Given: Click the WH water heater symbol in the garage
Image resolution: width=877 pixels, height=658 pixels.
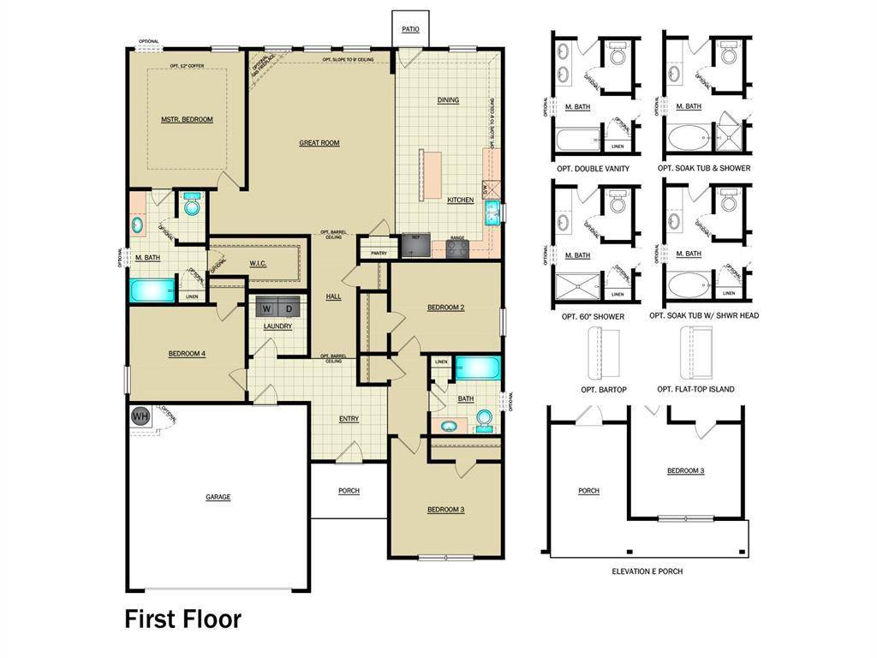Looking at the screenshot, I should point(140,416).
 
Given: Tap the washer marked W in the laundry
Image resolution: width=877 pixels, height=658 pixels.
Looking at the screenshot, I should point(267,308).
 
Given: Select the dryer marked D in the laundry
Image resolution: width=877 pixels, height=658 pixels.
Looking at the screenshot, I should point(289,308).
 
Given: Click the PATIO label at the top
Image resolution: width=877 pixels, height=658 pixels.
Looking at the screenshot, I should point(411,29).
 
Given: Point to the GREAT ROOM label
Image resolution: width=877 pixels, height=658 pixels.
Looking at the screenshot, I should point(319,143).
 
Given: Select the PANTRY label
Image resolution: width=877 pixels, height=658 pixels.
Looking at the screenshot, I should point(374,253).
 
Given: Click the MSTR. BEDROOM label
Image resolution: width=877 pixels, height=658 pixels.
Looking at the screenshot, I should point(187,119).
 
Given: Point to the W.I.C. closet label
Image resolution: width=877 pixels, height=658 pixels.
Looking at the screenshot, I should point(258,263).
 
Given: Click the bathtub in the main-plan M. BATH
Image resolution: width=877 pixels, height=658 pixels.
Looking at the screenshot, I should point(152,290).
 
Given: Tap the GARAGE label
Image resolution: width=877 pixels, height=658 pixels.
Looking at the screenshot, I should point(218,497).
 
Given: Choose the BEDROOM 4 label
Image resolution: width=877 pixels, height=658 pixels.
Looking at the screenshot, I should point(187,354).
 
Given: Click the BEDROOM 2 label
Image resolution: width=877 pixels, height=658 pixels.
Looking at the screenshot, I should point(445,307).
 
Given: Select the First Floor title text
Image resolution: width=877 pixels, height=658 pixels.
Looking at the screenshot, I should point(183,619).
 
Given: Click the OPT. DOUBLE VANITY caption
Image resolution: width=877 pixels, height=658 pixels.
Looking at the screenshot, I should point(593,169).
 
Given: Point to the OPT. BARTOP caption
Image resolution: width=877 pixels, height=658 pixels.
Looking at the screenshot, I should point(604,390).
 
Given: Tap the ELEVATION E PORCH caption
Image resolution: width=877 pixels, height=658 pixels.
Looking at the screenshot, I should point(647,571).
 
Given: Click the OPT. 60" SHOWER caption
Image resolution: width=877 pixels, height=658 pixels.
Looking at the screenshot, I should point(590,316).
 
